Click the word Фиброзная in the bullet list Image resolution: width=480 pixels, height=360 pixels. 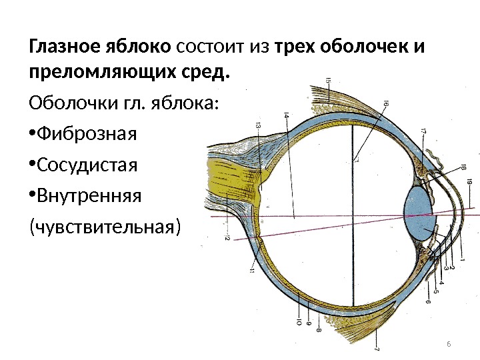pyautogui.click(x=87, y=135)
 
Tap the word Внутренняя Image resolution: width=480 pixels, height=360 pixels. pyautogui.click(x=89, y=196)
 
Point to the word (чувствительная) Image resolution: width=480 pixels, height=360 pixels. pyautogui.click(x=104, y=227)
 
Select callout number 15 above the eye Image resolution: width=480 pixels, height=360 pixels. pyautogui.click(x=328, y=81)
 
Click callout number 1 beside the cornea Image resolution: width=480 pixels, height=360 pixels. pyautogui.click(x=463, y=256)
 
